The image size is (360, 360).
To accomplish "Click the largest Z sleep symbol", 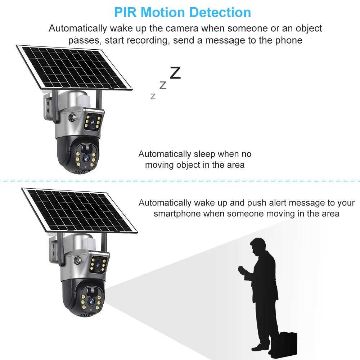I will point(175,73).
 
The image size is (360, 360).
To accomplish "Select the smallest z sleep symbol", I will point(153,96).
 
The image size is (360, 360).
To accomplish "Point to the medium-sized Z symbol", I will point(163,86).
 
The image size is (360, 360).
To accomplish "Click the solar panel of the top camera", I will point(74,67).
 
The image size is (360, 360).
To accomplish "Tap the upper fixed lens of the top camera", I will point(94,122).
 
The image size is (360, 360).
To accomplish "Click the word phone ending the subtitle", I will point(289,40).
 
